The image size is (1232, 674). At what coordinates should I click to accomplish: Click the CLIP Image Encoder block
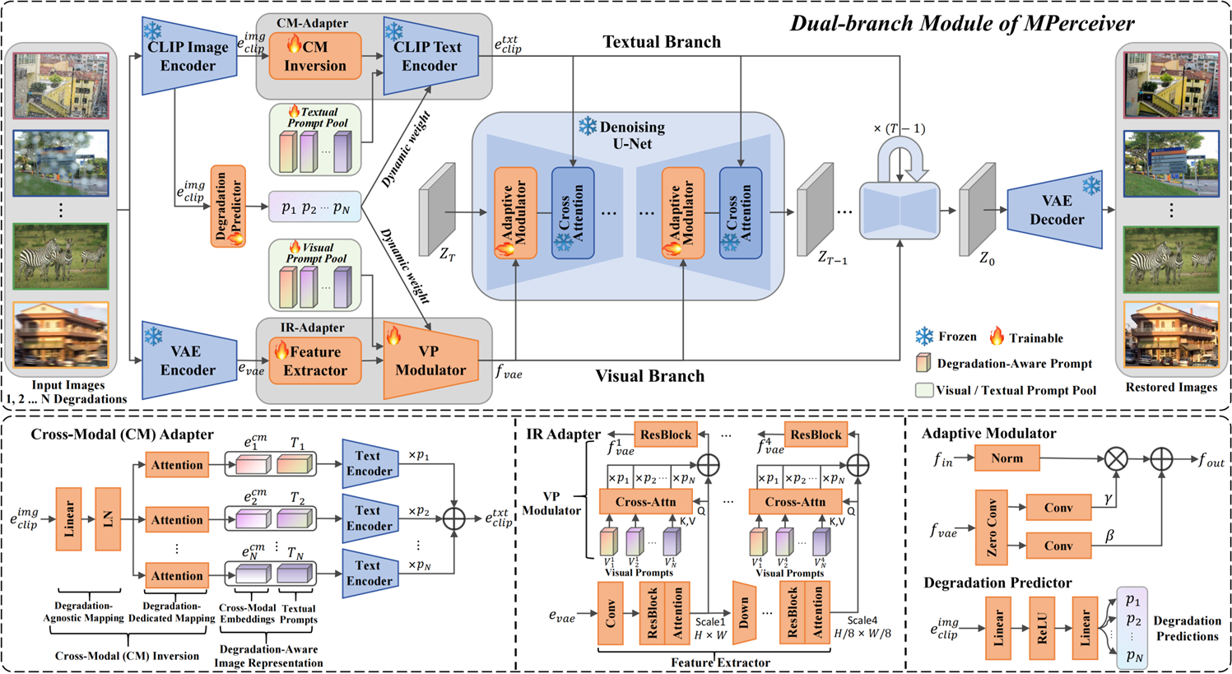[x=188, y=56]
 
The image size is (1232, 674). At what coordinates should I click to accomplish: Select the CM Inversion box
[x=315, y=56]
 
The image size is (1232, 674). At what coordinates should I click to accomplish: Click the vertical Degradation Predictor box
[x=227, y=206]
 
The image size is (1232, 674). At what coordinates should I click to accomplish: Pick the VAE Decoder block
[x=1056, y=210]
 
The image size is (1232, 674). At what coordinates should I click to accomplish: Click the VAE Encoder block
[x=188, y=360]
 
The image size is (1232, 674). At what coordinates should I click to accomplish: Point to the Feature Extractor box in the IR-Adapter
[x=315, y=360]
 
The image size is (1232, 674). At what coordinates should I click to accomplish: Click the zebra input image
[x=61, y=256]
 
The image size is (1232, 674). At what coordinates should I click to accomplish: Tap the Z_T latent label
[x=447, y=255]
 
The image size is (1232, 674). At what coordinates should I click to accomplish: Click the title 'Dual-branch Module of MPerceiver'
[x=962, y=23]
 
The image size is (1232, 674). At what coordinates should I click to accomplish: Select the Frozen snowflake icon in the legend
[x=925, y=337]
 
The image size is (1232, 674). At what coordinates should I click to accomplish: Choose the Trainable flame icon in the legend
[x=997, y=336]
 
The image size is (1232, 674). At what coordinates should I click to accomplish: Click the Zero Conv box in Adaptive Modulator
[x=992, y=527]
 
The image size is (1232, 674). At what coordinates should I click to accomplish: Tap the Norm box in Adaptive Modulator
[x=1007, y=458]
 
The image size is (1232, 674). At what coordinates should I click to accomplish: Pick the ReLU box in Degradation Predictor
[x=1042, y=628]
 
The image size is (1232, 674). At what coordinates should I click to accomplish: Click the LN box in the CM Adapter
[x=108, y=519]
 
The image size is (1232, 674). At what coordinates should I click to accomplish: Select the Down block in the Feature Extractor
[x=744, y=614]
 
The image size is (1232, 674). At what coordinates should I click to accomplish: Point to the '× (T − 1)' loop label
[x=899, y=128]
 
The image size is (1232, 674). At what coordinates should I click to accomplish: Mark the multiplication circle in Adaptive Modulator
[x=1115, y=459]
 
